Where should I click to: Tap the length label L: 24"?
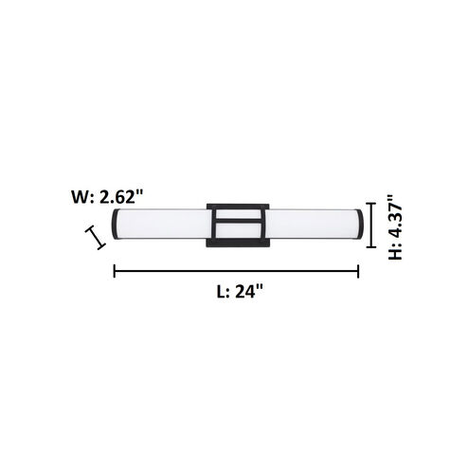point(236,292)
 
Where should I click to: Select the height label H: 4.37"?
point(399,228)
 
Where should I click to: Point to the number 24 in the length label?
point(248,292)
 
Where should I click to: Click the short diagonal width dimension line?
point(94,237)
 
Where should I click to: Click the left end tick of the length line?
point(115,272)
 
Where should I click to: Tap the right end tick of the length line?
point(359,272)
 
